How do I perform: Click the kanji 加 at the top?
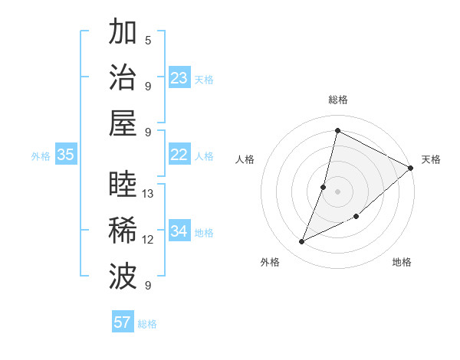click(x=123, y=32)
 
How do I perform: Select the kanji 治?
click(x=123, y=77)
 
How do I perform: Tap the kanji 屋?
click(x=123, y=123)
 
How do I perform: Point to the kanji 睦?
click(x=123, y=185)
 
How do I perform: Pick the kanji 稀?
click(x=123, y=231)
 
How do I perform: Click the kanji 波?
click(x=123, y=277)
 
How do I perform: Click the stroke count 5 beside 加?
click(x=148, y=40)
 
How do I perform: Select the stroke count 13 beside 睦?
click(x=149, y=194)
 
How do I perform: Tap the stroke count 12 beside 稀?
click(x=149, y=240)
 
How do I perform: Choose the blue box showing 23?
click(x=179, y=78)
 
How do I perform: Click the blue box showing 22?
click(x=179, y=155)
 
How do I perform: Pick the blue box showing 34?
click(x=179, y=231)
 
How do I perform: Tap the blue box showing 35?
click(x=66, y=155)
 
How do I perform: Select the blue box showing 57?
click(x=123, y=322)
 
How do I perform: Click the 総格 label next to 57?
click(x=147, y=324)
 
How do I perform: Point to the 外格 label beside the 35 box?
click(x=41, y=156)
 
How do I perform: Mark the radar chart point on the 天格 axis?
click(x=411, y=168)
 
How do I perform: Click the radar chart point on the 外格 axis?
click(x=301, y=242)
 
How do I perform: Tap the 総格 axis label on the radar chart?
click(x=338, y=100)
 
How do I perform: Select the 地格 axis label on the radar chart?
click(x=402, y=262)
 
